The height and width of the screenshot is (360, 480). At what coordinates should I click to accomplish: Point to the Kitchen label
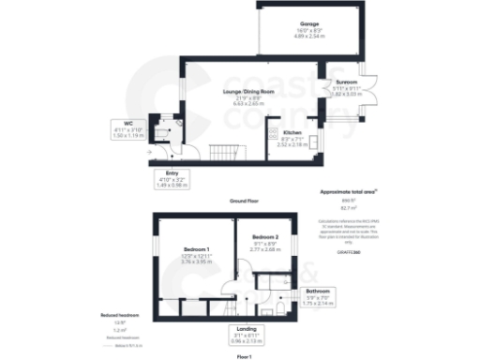click(x=292, y=137)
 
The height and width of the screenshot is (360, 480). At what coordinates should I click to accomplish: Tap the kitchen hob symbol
click(x=313, y=143)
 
